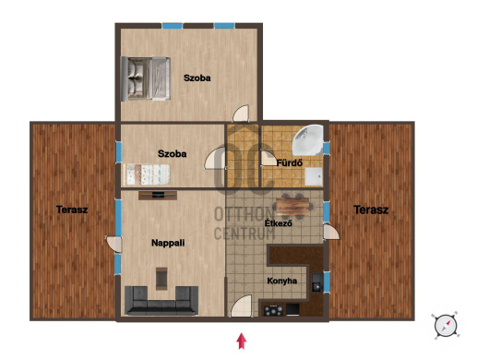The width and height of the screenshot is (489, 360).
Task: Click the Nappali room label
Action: point(168,243)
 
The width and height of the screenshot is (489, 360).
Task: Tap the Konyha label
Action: point(282,281)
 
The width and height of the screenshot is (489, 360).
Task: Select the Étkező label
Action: point(279,223)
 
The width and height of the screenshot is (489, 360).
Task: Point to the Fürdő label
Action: point(290,162)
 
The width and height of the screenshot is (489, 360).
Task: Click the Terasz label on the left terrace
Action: point(72,210)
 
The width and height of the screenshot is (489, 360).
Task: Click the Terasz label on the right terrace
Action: point(371,210)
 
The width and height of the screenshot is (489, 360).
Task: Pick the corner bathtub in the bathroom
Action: point(308,140)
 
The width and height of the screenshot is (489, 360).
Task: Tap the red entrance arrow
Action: point(242,341)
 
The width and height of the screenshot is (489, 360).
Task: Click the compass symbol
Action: point(446,325)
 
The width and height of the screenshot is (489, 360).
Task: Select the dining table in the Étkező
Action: point(292,207)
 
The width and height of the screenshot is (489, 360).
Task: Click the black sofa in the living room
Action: point(161,301)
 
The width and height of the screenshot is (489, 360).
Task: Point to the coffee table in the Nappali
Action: point(161,279)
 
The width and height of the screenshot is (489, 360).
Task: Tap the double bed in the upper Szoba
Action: point(146,78)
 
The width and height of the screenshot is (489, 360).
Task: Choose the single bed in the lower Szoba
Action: point(147,174)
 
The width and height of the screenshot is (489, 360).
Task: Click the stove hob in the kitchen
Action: point(274,310)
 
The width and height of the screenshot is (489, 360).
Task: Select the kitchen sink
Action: point(317,282)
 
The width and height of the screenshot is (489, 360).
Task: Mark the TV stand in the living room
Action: point(158,196)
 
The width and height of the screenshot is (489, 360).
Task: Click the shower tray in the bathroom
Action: point(314,177)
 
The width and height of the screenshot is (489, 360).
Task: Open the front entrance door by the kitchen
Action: point(241,306)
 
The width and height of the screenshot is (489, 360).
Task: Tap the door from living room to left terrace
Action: point(114,245)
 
